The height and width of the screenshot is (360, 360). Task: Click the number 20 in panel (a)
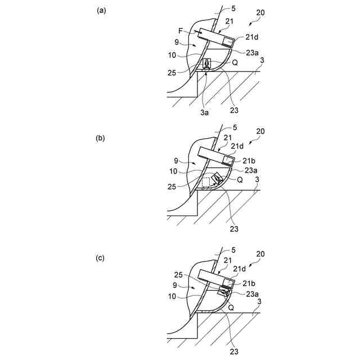click(260, 12)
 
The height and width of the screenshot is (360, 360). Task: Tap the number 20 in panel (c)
click(260, 254)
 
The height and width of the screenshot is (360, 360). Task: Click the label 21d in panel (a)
click(253, 37)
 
